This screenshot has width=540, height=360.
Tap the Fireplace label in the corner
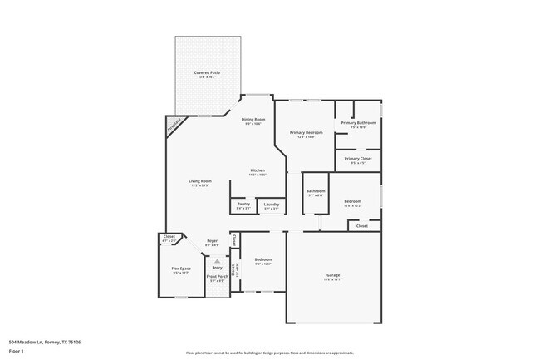[x=174, y=125]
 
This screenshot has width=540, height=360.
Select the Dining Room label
[x=253, y=119]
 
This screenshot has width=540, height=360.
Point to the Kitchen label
[x=258, y=170]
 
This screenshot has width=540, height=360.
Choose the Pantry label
[x=243, y=204]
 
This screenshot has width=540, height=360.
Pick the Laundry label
[x=271, y=204]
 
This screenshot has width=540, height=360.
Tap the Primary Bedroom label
[x=306, y=133]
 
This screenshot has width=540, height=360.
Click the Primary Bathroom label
[x=358, y=123]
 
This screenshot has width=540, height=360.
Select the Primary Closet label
[x=358, y=158]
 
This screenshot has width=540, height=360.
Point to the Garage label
[x=332, y=275]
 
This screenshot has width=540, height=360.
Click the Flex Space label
[x=181, y=269]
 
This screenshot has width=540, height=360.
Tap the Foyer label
[x=213, y=241]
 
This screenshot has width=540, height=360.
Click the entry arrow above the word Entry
[x=217, y=260]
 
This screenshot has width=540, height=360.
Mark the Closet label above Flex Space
[x=169, y=237]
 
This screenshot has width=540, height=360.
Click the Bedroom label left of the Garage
[x=263, y=259]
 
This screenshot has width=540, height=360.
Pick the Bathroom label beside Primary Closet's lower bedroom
[x=315, y=191]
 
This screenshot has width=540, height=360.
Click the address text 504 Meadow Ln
[x=45, y=342]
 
